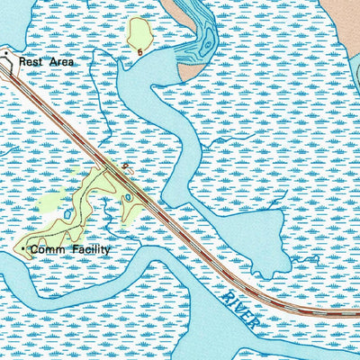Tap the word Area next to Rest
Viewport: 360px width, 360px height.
pos(59,61)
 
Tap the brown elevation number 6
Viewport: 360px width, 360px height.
pos(140,52)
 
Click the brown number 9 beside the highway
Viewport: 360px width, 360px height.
pos(123,166)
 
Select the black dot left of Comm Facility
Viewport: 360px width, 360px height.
pos(24,249)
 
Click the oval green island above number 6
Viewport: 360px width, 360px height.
pos(140,33)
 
